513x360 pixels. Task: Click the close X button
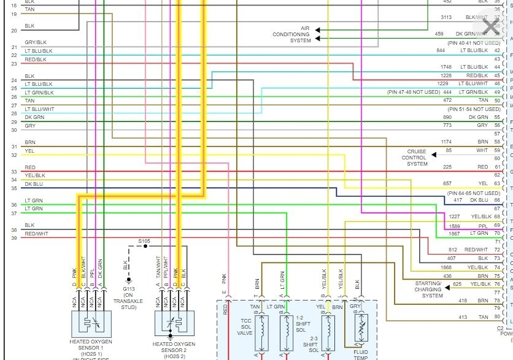tap(492, 26)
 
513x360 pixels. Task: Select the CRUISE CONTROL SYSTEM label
tap(417, 158)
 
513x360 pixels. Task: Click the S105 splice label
tap(144, 241)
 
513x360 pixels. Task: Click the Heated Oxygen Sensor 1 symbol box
tap(91, 323)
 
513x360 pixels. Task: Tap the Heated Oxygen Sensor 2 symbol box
tap(174, 323)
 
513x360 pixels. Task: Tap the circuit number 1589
tap(453, 224)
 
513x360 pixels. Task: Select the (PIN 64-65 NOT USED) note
tap(474, 193)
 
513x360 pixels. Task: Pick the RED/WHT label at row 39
tap(36, 234)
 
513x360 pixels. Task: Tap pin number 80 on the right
tap(497, 317)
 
